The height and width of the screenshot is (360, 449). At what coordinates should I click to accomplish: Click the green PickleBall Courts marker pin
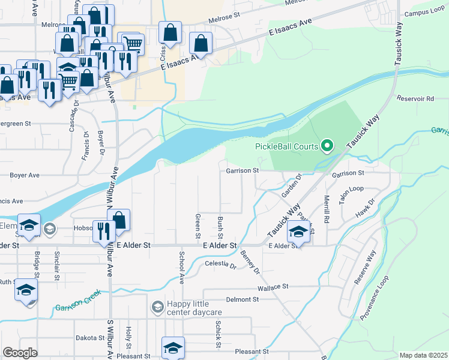[x=327, y=146]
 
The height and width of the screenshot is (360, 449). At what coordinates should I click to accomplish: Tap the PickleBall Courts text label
[x=287, y=146]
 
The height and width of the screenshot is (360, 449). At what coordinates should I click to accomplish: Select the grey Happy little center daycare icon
[x=157, y=307]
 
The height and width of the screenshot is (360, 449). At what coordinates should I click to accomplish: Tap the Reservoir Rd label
[x=414, y=98]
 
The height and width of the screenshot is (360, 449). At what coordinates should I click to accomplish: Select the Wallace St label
[x=273, y=287]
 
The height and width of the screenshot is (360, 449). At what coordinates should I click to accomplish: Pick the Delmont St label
[x=242, y=299]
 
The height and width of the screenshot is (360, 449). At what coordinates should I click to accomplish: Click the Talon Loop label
[x=351, y=195]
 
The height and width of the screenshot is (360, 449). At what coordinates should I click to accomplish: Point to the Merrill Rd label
[x=327, y=209]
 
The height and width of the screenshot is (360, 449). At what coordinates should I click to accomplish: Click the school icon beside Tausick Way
[x=298, y=231]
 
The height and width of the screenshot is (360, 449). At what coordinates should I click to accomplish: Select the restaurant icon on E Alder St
[x=103, y=230]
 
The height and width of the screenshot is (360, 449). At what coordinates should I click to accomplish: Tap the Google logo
[x=20, y=353]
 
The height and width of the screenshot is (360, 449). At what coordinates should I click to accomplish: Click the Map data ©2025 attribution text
[x=423, y=355]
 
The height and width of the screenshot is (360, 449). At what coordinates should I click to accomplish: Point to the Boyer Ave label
[x=25, y=175]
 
